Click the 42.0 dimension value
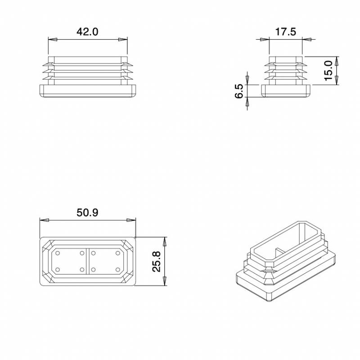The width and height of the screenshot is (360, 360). click(x=87, y=32)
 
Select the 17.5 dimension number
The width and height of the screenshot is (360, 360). click(x=285, y=32)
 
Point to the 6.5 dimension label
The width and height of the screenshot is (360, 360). click(x=239, y=91)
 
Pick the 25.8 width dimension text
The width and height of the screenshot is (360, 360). click(x=156, y=261)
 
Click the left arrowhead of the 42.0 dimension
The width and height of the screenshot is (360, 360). click(x=52, y=40)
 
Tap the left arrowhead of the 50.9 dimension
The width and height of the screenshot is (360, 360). click(x=44, y=220)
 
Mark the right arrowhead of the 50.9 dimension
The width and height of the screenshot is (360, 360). click(x=131, y=220)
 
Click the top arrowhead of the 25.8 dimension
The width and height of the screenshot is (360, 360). click(x=165, y=241)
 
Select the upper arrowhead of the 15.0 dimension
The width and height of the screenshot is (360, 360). click(x=337, y=60)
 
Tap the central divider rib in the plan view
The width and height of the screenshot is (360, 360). click(x=87, y=261)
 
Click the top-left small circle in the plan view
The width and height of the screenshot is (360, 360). click(x=57, y=253)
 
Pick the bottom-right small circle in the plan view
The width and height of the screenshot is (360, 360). click(x=117, y=270)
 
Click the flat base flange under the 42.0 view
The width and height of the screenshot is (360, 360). click(x=87, y=91)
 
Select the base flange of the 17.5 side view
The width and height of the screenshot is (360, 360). click(x=285, y=91)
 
